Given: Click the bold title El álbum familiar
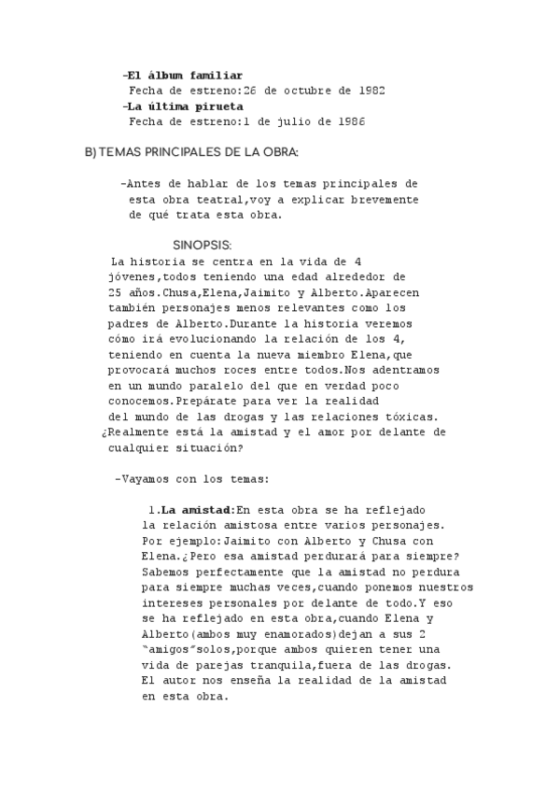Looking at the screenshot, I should pos(185,75).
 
